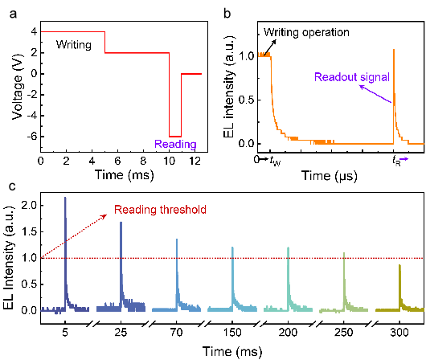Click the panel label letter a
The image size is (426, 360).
point(13,14)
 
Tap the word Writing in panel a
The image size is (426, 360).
point(74,45)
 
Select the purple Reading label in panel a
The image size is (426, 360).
point(175,144)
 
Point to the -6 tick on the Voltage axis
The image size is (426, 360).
point(32,137)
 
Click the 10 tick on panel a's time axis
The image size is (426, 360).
point(169,162)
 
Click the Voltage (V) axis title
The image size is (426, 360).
point(17,87)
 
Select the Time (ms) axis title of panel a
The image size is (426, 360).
point(124,174)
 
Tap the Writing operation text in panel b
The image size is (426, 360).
point(306,32)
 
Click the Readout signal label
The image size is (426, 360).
point(352,77)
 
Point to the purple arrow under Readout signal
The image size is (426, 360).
point(375,94)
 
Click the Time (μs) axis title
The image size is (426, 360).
point(330,176)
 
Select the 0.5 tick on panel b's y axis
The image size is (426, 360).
point(246,100)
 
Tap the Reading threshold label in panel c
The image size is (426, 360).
point(160,210)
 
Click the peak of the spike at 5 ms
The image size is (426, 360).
point(65,198)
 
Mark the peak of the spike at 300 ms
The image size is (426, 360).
point(399,265)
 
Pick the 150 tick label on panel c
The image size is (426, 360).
point(232,333)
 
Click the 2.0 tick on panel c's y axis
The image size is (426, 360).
point(28,206)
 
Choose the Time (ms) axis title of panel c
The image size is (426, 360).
point(232,351)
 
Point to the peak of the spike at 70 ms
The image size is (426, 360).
point(177,239)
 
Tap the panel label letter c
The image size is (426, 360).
point(12,186)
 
